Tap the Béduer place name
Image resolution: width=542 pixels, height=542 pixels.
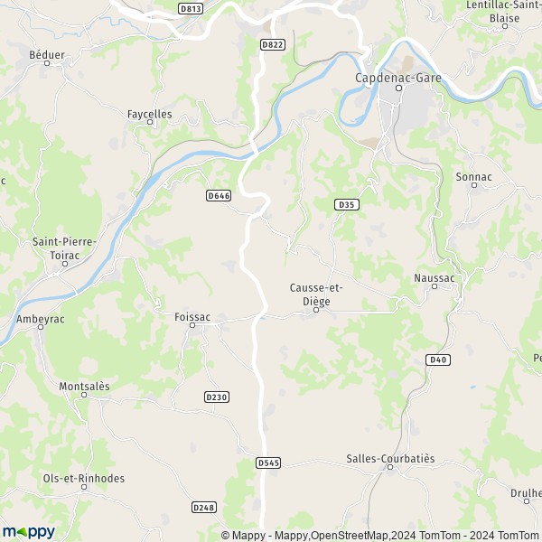(x=47, y=55)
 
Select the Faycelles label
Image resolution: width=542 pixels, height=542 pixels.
(x=149, y=115)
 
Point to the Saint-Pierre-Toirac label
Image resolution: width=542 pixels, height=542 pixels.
(x=64, y=248)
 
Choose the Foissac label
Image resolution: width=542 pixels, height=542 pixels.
(x=192, y=317)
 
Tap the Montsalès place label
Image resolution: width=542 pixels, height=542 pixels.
(x=84, y=386)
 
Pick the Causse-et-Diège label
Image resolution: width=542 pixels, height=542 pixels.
(x=315, y=294)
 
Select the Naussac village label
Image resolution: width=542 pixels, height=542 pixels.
(x=434, y=278)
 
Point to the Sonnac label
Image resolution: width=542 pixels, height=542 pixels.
(x=474, y=177)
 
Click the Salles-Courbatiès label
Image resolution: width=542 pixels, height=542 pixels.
(x=390, y=458)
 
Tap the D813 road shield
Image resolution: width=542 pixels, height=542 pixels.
(x=191, y=9)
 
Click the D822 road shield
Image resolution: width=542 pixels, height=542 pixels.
(x=272, y=43)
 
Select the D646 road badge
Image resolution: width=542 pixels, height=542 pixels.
(x=219, y=195)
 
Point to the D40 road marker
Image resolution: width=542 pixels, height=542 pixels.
(x=437, y=360)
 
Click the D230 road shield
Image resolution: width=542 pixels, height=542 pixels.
(x=217, y=397)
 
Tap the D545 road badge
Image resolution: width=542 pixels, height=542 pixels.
(x=268, y=463)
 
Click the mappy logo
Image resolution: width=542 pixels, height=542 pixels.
(x=28, y=531)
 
